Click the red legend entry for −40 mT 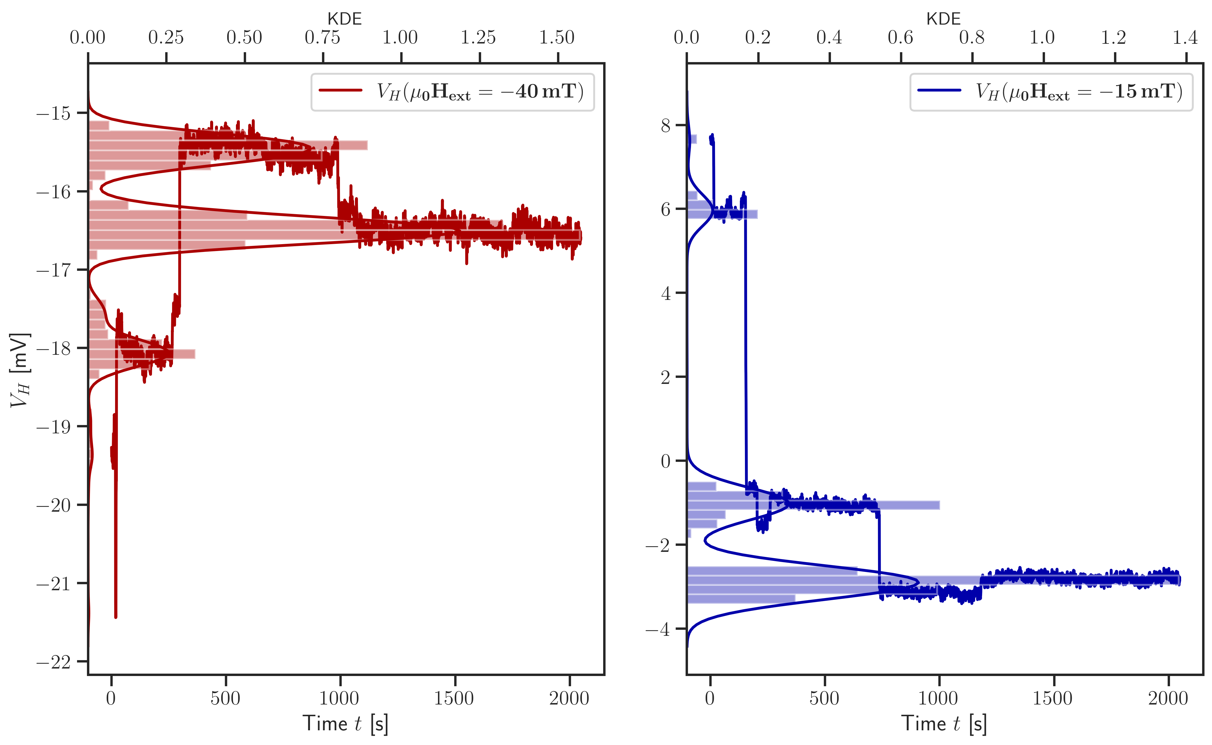click(x=452, y=92)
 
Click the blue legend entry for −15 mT click(x=1051, y=92)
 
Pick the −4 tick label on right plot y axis click(x=658, y=629)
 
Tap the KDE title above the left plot click(x=345, y=19)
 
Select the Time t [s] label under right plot click(x=944, y=724)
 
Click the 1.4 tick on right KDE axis click(x=1185, y=37)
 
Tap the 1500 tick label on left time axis click(x=454, y=698)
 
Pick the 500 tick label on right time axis click(x=824, y=698)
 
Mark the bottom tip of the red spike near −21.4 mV click(x=116, y=616)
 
